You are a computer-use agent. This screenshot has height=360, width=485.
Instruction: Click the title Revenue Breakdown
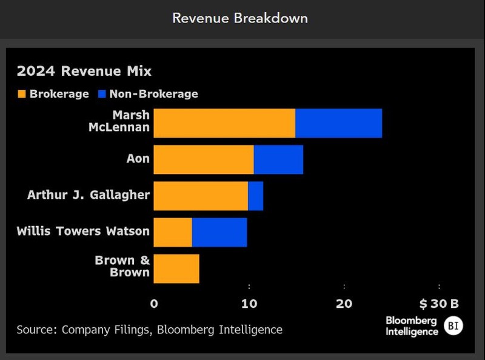[x=240, y=18]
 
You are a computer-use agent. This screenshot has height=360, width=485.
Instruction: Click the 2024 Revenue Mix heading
[x=84, y=71]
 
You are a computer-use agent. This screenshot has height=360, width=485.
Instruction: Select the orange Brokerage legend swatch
[x=22, y=94]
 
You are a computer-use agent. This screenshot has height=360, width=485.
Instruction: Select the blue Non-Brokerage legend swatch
[x=102, y=94]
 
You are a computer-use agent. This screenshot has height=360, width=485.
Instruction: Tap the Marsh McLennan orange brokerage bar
[x=224, y=123]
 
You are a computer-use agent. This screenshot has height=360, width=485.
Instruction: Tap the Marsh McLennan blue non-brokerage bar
[x=338, y=123]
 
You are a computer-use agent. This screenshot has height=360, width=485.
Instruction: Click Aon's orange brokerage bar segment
[x=204, y=160]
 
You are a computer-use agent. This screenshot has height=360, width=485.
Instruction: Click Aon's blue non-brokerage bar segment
[x=278, y=160]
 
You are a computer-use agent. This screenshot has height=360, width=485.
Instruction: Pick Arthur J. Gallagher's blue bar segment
[x=256, y=196]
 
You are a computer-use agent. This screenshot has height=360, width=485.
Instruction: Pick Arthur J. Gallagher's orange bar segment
[x=201, y=196]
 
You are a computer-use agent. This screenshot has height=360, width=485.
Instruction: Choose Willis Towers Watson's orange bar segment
[x=173, y=232]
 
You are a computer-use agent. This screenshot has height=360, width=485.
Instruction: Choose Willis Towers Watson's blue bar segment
[x=219, y=232]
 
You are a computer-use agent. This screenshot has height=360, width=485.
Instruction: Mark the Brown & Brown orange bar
[x=176, y=268]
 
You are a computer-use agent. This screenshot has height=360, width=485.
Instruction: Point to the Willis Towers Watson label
[x=83, y=231]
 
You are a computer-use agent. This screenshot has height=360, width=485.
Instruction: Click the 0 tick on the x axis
[x=154, y=304]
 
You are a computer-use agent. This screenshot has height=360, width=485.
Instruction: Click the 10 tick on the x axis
[x=249, y=304]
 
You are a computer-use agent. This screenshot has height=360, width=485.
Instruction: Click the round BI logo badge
[x=452, y=326]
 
